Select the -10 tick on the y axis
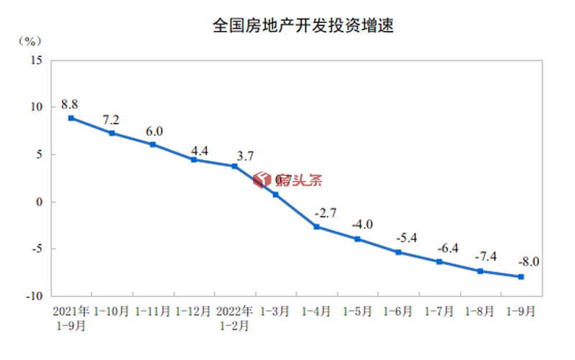click(x=34, y=296)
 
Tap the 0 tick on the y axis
click(x=40, y=202)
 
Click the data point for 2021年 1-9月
click(x=71, y=118)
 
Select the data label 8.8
click(x=70, y=103)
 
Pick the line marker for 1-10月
click(x=112, y=133)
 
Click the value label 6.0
click(x=155, y=131)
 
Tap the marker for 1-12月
click(x=194, y=160)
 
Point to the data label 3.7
click(x=245, y=155)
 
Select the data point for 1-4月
click(x=316, y=227)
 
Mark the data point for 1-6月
click(x=398, y=252)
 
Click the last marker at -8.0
click(x=520, y=277)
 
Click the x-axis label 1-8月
click(x=479, y=312)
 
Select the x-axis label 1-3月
click(x=275, y=312)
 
